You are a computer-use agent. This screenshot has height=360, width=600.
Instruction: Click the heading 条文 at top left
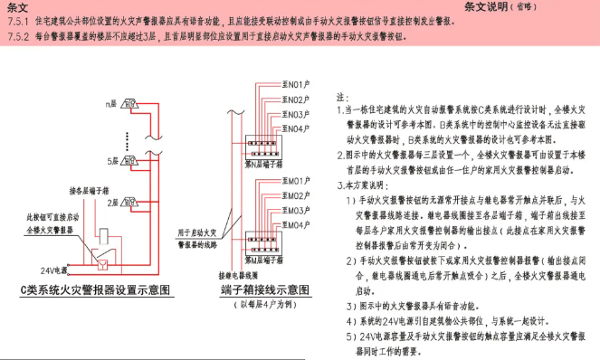point(15,7)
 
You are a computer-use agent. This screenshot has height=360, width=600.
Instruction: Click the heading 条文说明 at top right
point(498,7)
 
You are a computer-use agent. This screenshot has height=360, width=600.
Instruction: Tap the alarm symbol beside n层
point(127,106)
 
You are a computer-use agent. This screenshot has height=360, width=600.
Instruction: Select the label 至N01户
point(296,83)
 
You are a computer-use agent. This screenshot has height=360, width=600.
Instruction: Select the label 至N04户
point(296,129)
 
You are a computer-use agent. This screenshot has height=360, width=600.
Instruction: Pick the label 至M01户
point(296,182)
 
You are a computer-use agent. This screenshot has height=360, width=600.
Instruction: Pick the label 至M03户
point(296,210)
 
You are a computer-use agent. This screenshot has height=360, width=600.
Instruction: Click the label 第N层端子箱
point(263,165)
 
